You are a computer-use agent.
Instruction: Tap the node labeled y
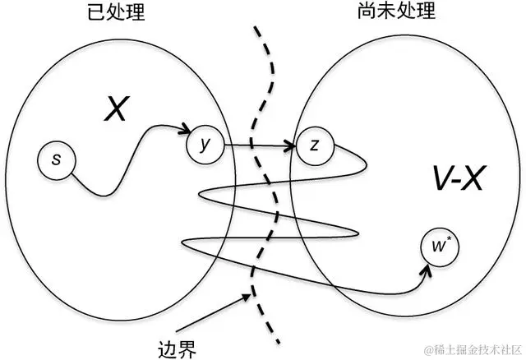click(205, 145)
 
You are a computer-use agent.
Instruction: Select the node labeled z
click(314, 145)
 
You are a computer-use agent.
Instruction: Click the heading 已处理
click(112, 12)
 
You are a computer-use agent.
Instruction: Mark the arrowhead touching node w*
click(421, 275)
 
